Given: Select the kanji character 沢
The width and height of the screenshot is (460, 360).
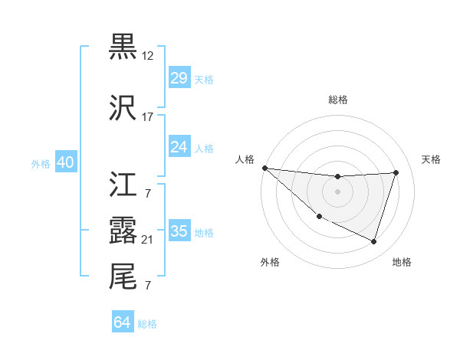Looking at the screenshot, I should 123,108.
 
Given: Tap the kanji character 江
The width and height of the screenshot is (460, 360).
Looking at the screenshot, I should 123,185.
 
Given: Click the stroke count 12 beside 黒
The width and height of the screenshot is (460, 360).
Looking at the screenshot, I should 148,56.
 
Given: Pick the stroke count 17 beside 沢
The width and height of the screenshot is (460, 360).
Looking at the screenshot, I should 148,118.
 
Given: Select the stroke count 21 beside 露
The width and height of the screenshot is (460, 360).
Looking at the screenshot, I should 148,240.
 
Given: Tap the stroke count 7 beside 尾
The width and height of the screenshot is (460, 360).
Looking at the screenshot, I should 148,286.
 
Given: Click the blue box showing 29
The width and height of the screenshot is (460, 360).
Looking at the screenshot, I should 179,78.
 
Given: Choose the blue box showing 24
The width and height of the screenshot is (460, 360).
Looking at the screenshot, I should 179,147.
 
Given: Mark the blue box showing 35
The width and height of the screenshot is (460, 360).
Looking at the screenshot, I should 179,231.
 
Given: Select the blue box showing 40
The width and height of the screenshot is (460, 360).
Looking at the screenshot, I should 65,162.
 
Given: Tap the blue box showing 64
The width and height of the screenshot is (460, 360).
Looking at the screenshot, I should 122,322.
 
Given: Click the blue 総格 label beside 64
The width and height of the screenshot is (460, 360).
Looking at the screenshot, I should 147,324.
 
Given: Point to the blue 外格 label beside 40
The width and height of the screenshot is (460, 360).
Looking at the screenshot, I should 41,164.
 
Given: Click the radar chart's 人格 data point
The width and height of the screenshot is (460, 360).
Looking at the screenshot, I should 264,168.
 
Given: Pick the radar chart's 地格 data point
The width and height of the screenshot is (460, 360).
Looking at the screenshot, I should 373,242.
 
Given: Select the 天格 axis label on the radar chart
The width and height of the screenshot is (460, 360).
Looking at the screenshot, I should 431,159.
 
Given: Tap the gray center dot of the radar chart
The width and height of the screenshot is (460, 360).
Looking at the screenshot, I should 337,191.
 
